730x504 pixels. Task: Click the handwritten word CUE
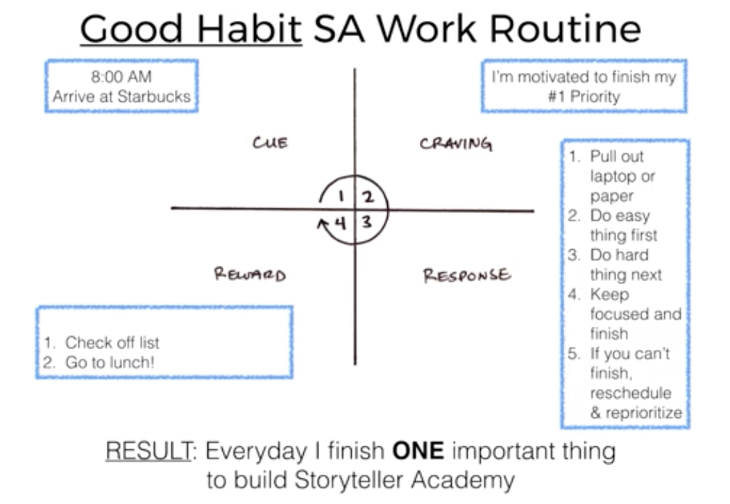[x=270, y=142]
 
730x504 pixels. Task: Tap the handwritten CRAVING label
[x=456, y=144]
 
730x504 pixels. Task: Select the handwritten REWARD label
[x=250, y=274]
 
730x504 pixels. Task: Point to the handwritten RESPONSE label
[x=467, y=276]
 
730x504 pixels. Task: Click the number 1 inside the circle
[x=341, y=196]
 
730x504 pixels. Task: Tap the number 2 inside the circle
[x=368, y=197]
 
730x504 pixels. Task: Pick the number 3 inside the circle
[x=367, y=221]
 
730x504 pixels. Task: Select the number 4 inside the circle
[x=341, y=224]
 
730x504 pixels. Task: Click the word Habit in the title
[x=250, y=29]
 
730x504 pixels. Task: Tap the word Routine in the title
[x=565, y=29]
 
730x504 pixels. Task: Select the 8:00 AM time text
[x=121, y=76]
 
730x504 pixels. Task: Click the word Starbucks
[x=154, y=96]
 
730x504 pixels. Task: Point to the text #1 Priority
[x=584, y=97]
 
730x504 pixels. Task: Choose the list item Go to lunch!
[x=110, y=362]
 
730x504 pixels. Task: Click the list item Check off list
[x=112, y=343]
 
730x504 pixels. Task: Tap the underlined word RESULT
[x=148, y=451]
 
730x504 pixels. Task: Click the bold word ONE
[x=418, y=451]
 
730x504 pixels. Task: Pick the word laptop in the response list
[x=613, y=176]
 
